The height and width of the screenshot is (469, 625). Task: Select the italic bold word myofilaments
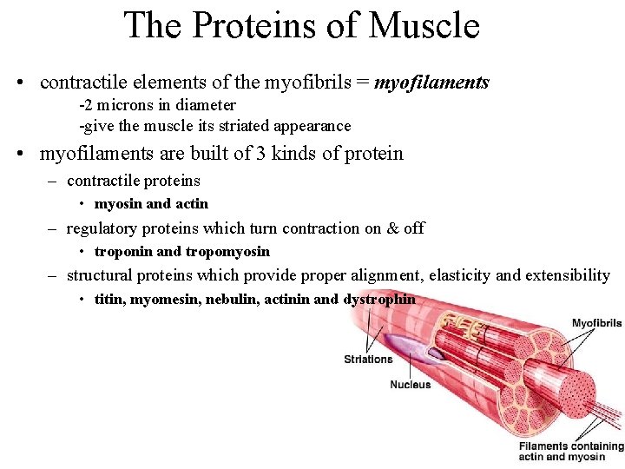point(431,83)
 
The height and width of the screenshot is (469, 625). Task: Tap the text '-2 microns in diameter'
point(157,105)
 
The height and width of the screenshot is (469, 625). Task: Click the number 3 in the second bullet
point(260,154)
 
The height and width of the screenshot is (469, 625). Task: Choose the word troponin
point(124,252)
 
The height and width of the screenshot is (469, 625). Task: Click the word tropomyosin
point(227,252)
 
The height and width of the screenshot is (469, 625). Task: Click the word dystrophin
point(379,300)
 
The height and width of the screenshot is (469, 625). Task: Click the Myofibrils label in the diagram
point(596,323)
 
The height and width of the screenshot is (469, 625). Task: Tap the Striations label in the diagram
point(368,359)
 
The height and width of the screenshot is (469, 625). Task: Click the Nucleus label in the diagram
point(410,385)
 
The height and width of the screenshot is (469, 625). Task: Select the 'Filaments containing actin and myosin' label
point(570,452)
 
